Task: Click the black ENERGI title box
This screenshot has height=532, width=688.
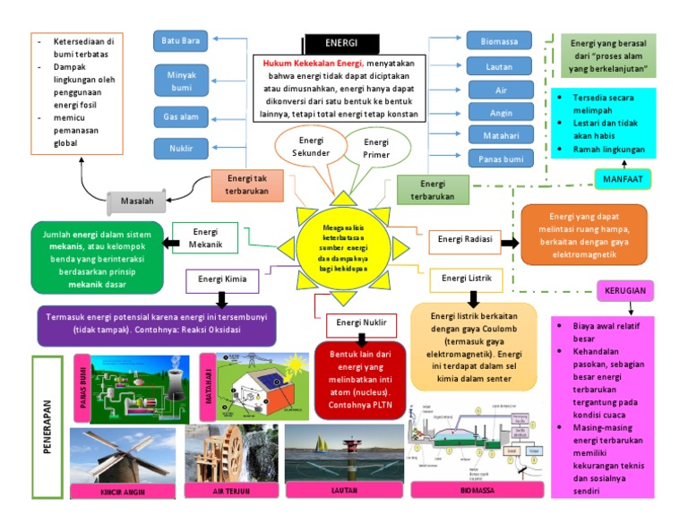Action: pyautogui.click(x=341, y=42)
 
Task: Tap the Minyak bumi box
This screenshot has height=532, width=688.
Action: pyautogui.click(x=182, y=82)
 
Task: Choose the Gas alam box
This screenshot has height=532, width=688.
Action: pyautogui.click(x=182, y=117)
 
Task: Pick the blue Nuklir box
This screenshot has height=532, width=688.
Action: pyautogui.click(x=182, y=148)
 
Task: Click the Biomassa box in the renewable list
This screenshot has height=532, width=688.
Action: pyautogui.click(x=499, y=40)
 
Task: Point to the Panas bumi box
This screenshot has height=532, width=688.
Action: pyautogui.click(x=499, y=159)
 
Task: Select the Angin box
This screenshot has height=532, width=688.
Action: pyautogui.click(x=499, y=113)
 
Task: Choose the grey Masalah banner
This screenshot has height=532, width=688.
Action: pyautogui.click(x=137, y=202)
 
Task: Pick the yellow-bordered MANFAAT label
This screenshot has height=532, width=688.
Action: pyautogui.click(x=622, y=179)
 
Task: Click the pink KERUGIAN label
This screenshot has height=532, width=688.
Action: pyautogui.click(x=624, y=291)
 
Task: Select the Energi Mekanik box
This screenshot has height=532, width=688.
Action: pyautogui.click(x=204, y=237)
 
